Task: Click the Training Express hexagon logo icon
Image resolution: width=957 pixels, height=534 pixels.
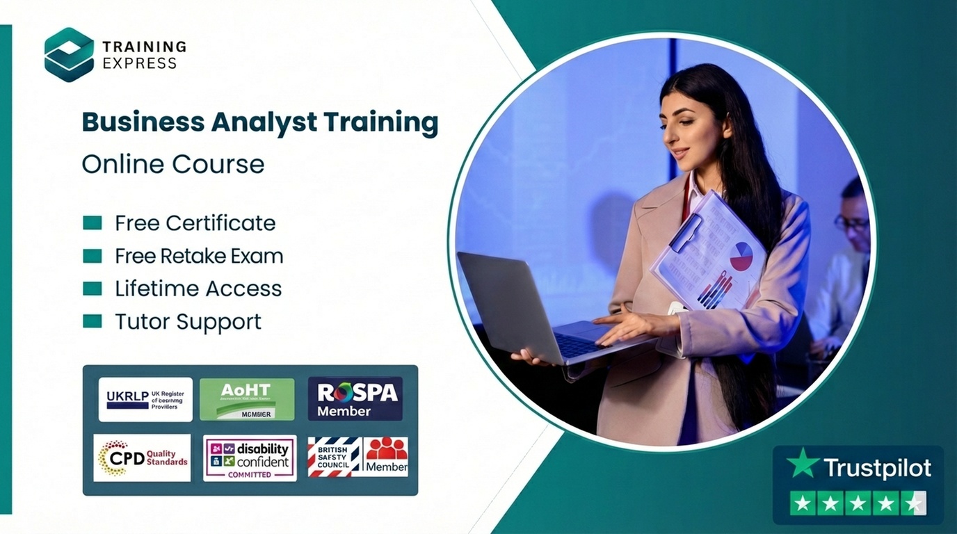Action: pyautogui.click(x=69, y=54)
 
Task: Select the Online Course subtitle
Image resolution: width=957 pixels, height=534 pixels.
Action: pyautogui.click(x=172, y=164)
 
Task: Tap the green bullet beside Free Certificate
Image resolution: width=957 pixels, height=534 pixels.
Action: pyautogui.click(x=92, y=223)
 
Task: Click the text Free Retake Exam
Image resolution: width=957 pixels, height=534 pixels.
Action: pyautogui.click(x=199, y=256)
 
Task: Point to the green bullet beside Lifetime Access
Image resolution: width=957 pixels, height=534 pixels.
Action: pyautogui.click(x=92, y=289)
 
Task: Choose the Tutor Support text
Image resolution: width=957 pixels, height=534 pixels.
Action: pyautogui.click(x=188, y=321)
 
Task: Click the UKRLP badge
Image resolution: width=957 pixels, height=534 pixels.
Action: pyautogui.click(x=145, y=399)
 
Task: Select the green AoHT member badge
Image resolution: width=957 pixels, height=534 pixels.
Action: pyautogui.click(x=247, y=399)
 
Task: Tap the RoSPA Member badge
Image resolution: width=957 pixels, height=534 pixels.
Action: pyautogui.click(x=355, y=399)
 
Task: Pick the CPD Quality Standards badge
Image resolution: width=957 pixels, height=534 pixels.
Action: pyautogui.click(x=142, y=458)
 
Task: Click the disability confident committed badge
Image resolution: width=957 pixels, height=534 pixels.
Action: pyautogui.click(x=250, y=458)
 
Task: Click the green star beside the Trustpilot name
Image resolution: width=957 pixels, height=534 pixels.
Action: pyautogui.click(x=803, y=463)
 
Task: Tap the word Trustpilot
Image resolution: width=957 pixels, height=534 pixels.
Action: pyautogui.click(x=876, y=468)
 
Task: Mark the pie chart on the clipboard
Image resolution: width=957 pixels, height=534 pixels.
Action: pyautogui.click(x=741, y=257)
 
